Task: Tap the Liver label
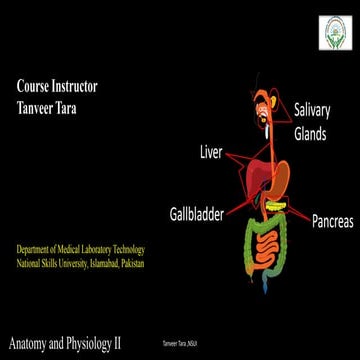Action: [212, 155]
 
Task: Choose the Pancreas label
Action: [331, 220]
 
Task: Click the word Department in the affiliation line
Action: [38, 250]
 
